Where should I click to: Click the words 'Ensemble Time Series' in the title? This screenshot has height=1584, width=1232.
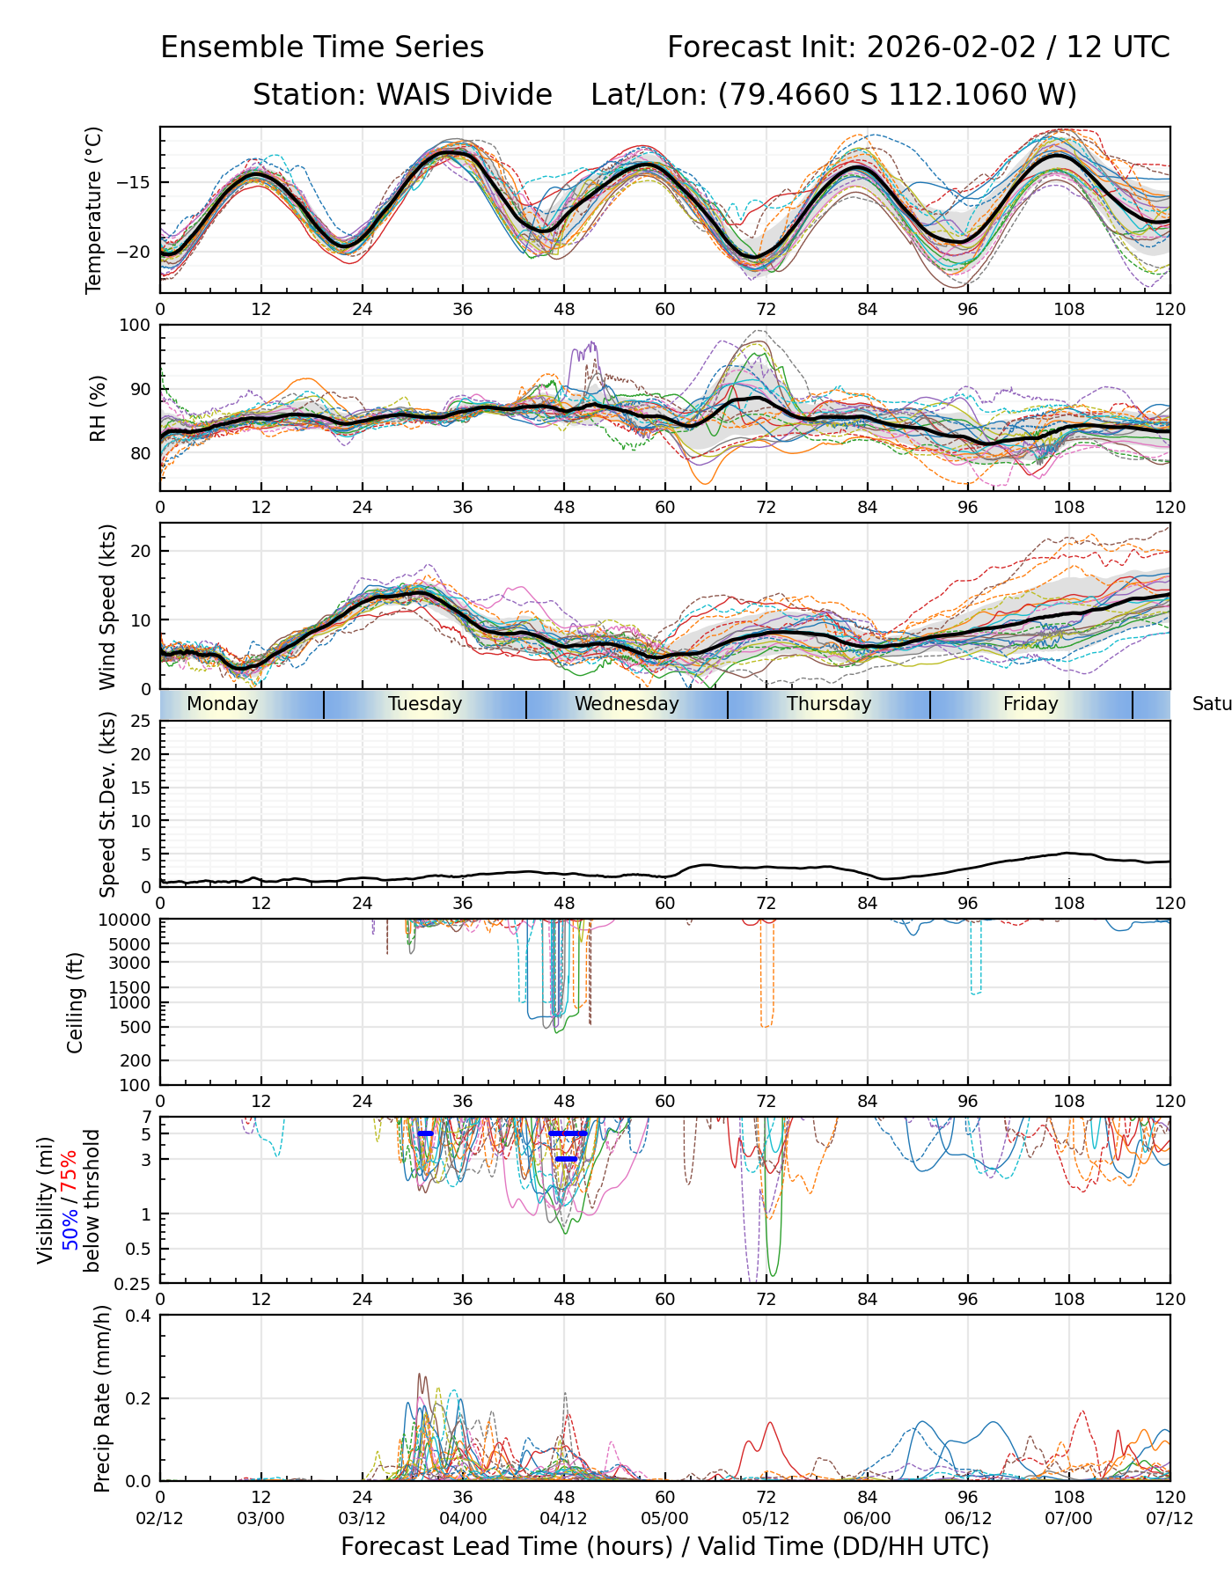pos(322,48)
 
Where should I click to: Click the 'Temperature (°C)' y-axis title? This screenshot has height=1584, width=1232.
pos(94,209)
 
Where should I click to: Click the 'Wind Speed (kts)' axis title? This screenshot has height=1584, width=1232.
pos(107,606)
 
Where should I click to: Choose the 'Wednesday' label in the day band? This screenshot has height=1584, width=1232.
pos(627,704)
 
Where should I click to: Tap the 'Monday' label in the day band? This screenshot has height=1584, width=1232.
pos(223,704)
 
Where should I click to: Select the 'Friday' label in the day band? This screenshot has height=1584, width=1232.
pos(1030,704)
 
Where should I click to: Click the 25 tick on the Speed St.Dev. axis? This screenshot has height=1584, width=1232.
pos(141,722)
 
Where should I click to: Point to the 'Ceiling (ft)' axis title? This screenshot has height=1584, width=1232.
pos(76,1002)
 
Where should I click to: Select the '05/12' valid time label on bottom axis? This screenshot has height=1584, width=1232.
pos(766,1518)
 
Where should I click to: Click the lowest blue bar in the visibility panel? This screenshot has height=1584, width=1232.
pos(566,1159)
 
